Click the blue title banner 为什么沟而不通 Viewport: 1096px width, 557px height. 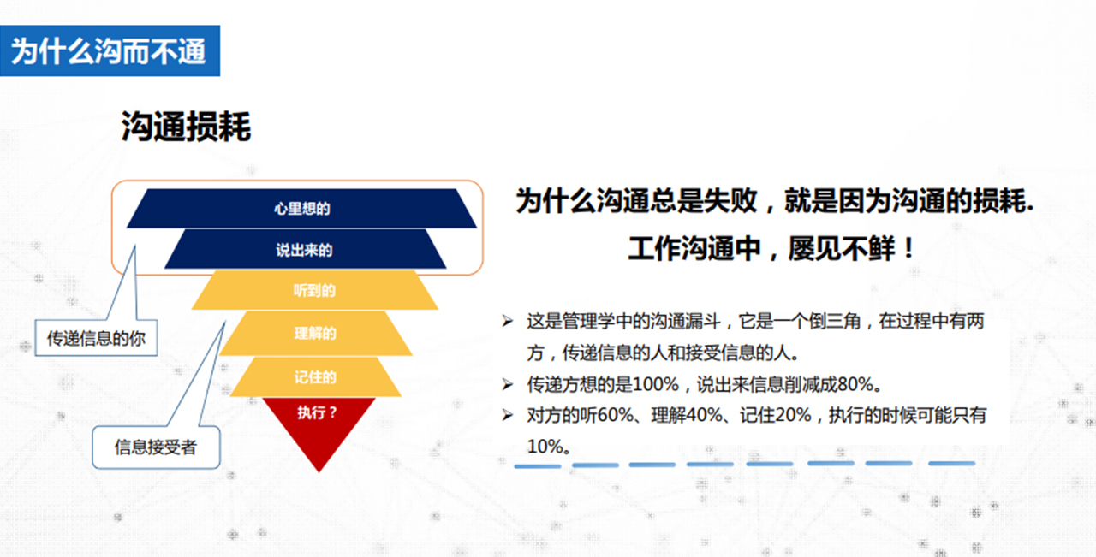(x=110, y=50)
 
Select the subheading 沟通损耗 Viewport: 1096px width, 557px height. (x=186, y=126)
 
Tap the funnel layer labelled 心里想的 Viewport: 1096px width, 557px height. (x=301, y=208)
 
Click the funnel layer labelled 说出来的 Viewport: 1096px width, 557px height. (x=304, y=249)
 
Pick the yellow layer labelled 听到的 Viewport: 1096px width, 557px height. (x=314, y=290)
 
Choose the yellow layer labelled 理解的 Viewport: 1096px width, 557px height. (x=315, y=333)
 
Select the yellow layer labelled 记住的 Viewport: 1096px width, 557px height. (x=315, y=376)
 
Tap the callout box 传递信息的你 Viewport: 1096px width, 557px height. (x=96, y=338)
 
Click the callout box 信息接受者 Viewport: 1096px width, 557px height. (x=156, y=447)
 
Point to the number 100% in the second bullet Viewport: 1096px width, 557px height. (x=656, y=384)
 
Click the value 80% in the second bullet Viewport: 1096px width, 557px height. (x=855, y=384)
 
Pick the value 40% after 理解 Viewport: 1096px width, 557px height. (x=704, y=415)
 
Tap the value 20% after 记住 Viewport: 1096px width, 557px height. (x=793, y=415)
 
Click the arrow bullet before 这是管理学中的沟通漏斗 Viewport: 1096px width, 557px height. (x=508, y=322)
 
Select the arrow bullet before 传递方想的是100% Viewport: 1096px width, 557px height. (x=508, y=385)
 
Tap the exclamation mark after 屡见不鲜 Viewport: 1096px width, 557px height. (x=909, y=248)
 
